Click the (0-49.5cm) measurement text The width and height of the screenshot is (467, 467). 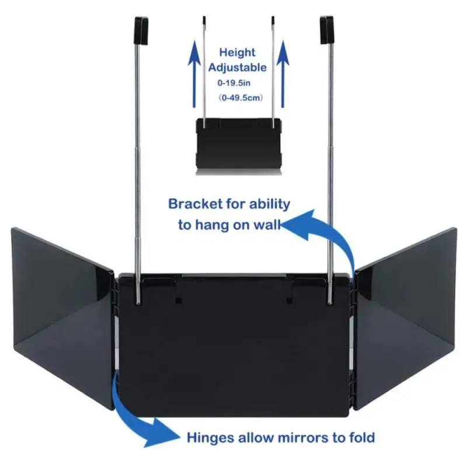(x=238, y=99)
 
